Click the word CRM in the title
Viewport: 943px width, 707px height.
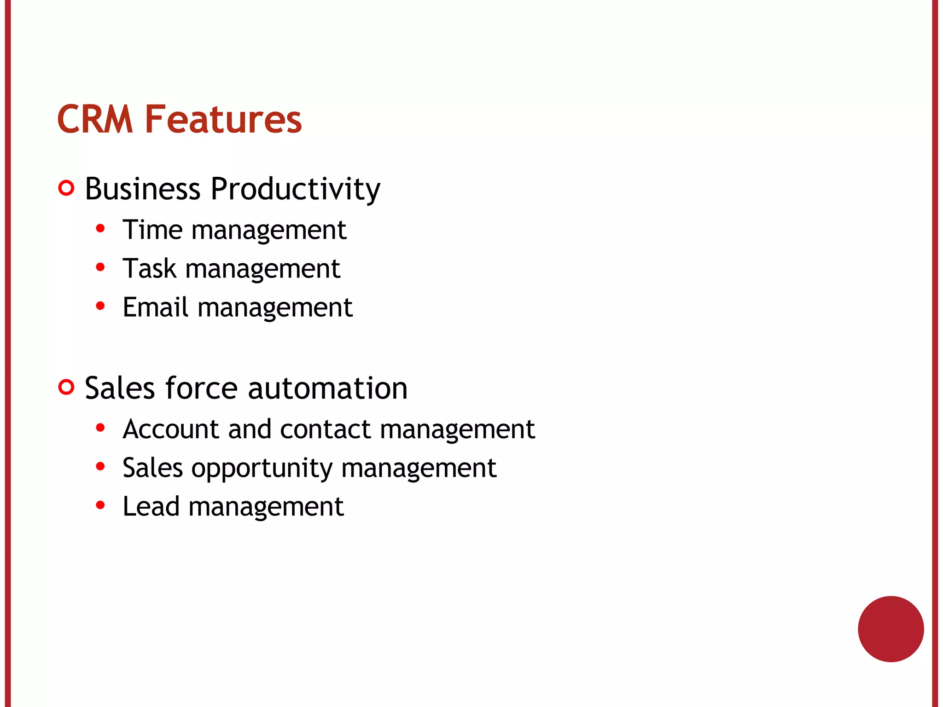click(95, 120)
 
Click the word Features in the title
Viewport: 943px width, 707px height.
click(223, 120)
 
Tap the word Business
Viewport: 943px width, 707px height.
click(143, 189)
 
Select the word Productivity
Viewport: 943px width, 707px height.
click(295, 190)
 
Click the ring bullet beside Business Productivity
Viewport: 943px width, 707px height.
click(66, 188)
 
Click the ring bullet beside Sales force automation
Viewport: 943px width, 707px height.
click(66, 387)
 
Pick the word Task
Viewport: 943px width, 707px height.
click(149, 268)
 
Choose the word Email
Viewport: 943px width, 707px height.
click(155, 307)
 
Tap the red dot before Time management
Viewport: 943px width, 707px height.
click(100, 228)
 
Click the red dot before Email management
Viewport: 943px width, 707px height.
click(100, 306)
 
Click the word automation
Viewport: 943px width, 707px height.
click(327, 388)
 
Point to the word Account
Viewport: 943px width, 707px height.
click(171, 429)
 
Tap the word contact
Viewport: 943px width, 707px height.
click(325, 429)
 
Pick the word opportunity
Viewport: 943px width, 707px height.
click(262, 469)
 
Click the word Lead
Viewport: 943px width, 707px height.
click(151, 506)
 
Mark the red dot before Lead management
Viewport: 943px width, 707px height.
click(100, 505)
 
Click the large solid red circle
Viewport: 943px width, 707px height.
click(891, 629)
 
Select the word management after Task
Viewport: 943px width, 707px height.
click(262, 269)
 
